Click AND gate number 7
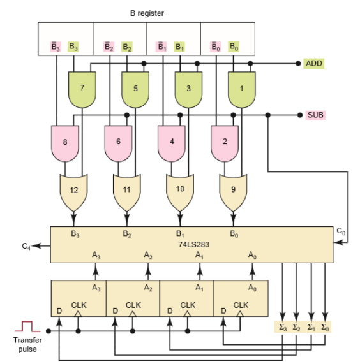coord(82,90)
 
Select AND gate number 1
coord(242,90)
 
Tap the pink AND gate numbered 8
coord(65,143)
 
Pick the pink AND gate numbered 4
coord(172,143)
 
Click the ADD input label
coord(314,63)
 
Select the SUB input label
coord(315,115)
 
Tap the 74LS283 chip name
coord(193,244)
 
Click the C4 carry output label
coord(26,246)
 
